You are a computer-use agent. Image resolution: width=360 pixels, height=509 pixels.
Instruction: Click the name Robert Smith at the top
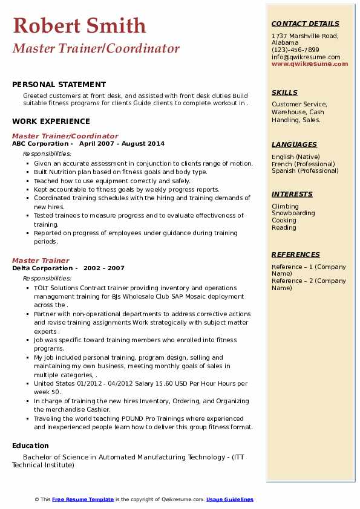(x=79, y=25)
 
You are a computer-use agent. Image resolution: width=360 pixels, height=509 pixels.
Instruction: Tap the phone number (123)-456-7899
(x=295, y=50)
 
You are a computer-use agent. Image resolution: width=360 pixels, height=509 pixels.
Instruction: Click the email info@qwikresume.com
(x=306, y=57)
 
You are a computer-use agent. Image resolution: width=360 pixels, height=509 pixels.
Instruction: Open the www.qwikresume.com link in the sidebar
(x=306, y=63)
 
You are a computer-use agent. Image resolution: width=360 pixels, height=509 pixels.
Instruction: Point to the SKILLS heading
(x=284, y=92)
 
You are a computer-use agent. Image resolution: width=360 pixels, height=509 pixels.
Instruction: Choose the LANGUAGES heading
(x=294, y=144)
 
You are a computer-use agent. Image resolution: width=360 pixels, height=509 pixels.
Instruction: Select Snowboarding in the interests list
(x=293, y=213)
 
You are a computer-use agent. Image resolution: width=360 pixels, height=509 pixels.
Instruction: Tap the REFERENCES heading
(x=295, y=254)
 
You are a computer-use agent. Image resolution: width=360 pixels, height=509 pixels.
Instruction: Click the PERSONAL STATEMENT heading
(x=59, y=85)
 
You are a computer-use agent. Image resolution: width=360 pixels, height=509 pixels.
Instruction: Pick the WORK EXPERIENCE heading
(x=50, y=122)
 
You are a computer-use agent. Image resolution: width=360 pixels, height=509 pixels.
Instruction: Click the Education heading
(x=31, y=446)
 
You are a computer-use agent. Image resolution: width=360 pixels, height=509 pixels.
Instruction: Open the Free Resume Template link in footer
(x=83, y=499)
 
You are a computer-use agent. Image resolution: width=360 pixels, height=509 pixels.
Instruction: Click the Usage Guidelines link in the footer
(x=229, y=499)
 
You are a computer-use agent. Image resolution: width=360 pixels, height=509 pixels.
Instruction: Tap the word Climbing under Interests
(x=285, y=206)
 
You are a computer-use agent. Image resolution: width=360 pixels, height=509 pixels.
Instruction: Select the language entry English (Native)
(x=296, y=157)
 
